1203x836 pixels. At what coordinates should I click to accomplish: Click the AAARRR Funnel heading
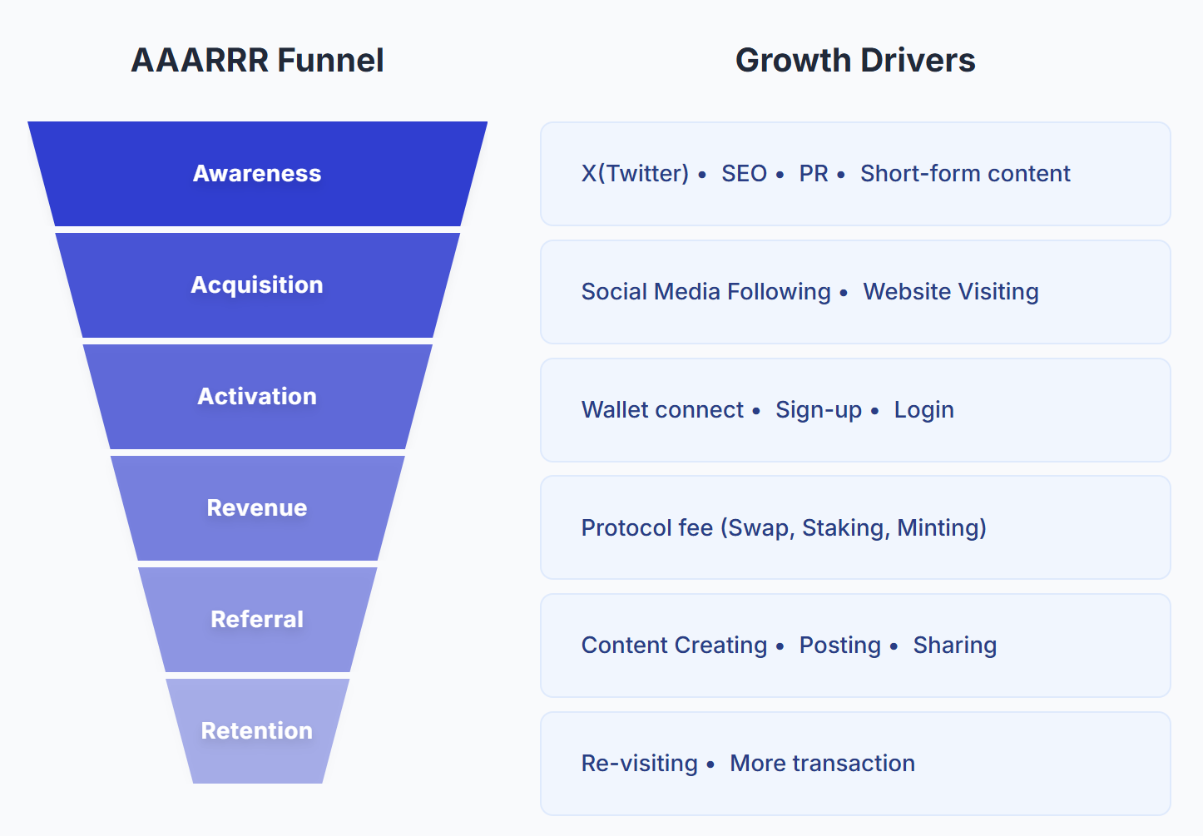[x=257, y=60]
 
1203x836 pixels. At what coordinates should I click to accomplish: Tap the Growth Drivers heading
[x=854, y=60]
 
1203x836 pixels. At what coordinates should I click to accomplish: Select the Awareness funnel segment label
[x=257, y=173]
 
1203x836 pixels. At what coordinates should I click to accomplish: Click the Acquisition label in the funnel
[x=257, y=284]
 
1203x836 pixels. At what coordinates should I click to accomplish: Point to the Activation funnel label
[x=257, y=396]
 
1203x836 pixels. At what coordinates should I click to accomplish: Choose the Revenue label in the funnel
[x=257, y=507]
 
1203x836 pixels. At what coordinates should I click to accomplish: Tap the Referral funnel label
[x=257, y=619]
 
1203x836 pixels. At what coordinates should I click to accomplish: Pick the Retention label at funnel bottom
[x=257, y=730]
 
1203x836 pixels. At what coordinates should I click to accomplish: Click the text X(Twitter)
[x=635, y=173]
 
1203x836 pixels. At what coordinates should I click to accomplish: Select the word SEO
[x=744, y=173]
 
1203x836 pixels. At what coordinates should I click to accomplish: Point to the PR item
[x=814, y=173]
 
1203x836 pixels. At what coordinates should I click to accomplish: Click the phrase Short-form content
[x=965, y=173]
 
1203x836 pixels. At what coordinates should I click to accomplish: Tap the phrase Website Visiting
[x=951, y=291]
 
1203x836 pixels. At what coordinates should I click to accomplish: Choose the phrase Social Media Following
[x=705, y=291]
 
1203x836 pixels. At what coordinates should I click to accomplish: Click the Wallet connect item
[x=662, y=409]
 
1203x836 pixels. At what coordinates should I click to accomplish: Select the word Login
[x=923, y=409]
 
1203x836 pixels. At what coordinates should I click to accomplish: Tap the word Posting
[x=839, y=645]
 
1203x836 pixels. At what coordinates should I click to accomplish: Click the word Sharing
[x=954, y=645]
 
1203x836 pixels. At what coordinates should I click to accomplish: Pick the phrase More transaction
[x=822, y=763]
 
